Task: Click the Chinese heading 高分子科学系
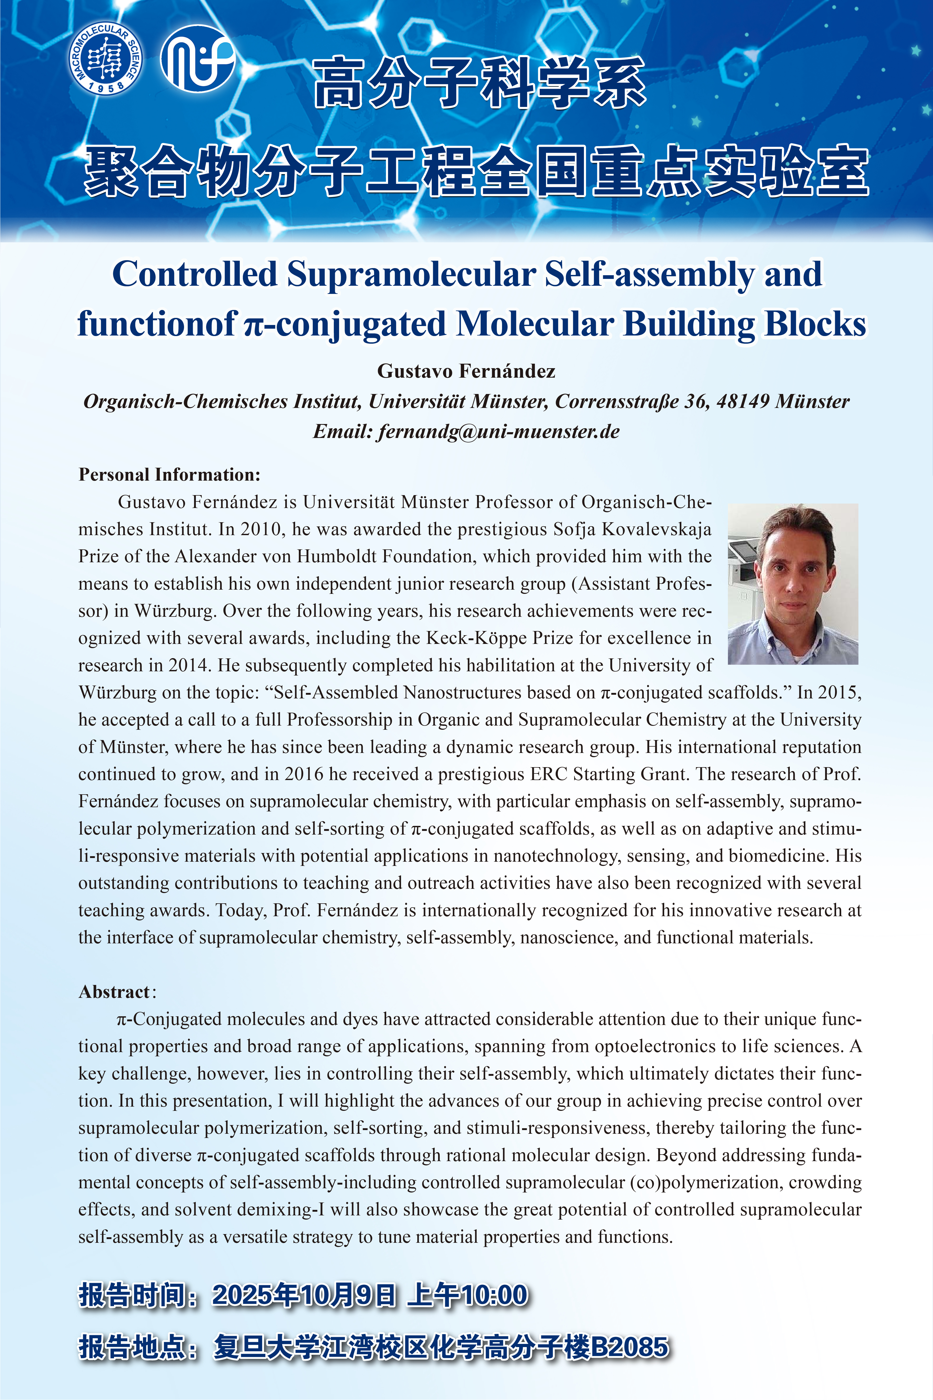[x=480, y=83]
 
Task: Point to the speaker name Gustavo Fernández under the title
[x=466, y=371]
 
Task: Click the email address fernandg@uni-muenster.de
[x=499, y=432]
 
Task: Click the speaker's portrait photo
[x=793, y=583]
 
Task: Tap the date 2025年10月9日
[x=304, y=1295]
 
